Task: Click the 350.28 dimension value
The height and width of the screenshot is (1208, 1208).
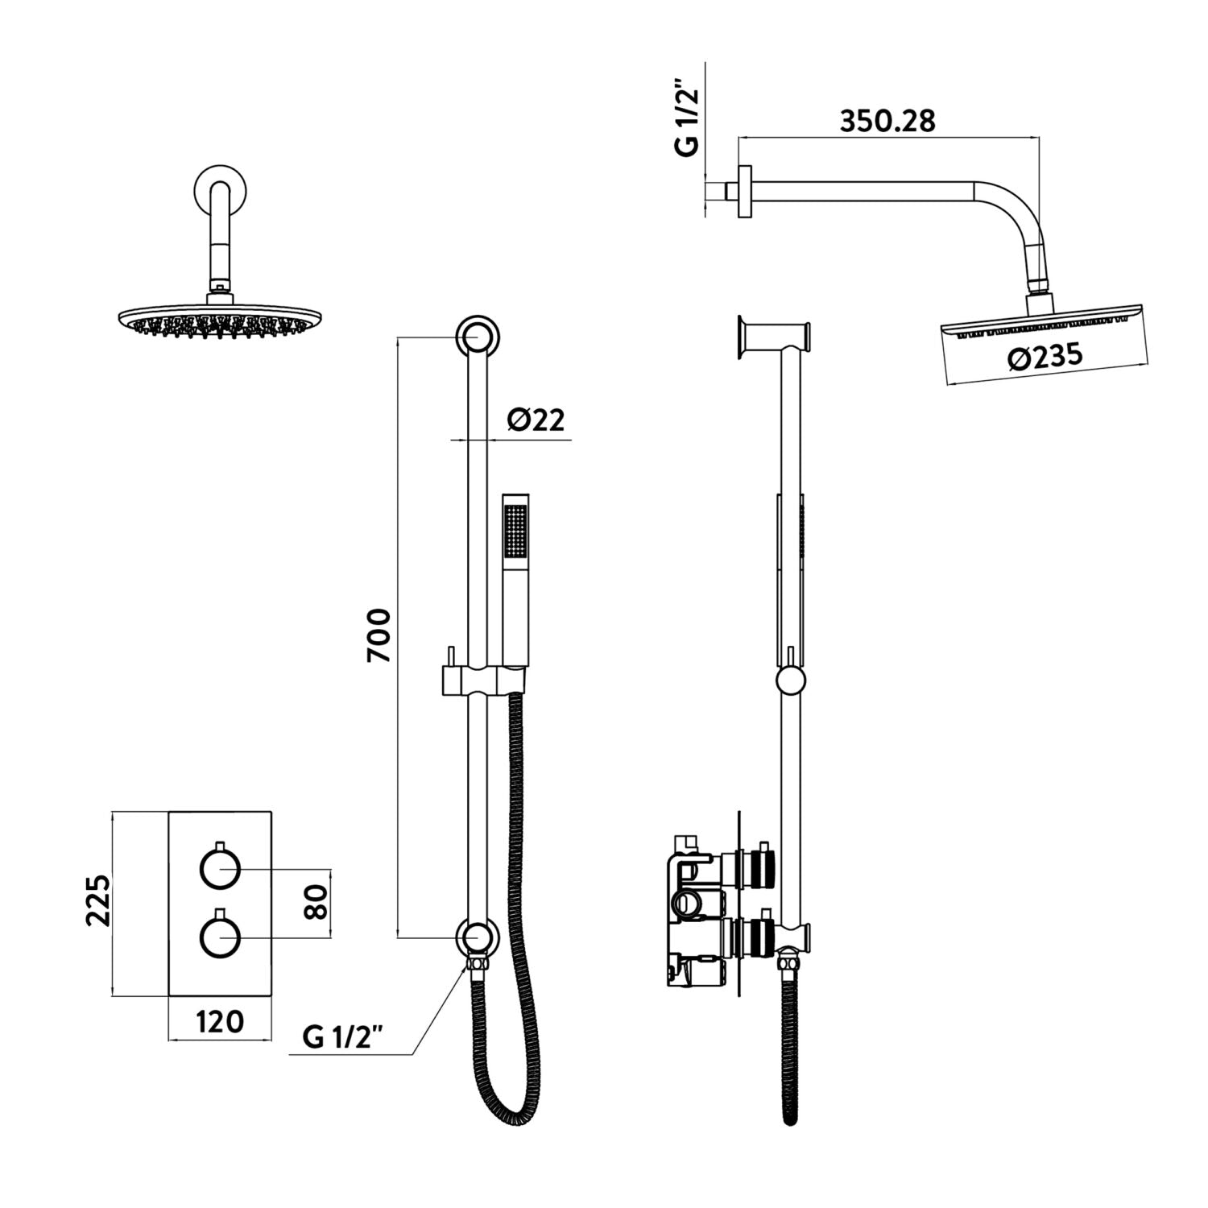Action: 887,121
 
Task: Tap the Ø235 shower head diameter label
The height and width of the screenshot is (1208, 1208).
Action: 1045,357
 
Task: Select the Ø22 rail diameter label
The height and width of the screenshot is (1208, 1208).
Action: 536,420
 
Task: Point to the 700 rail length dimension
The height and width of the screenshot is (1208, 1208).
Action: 379,635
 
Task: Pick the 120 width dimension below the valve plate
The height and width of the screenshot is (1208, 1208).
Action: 220,1021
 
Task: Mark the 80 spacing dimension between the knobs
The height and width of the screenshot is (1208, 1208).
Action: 316,903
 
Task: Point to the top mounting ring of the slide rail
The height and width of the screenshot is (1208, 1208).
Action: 478,337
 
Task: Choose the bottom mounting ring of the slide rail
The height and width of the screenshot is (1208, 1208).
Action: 478,937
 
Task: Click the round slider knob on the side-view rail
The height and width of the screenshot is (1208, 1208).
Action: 791,681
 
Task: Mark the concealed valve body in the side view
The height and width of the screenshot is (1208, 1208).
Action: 697,910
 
